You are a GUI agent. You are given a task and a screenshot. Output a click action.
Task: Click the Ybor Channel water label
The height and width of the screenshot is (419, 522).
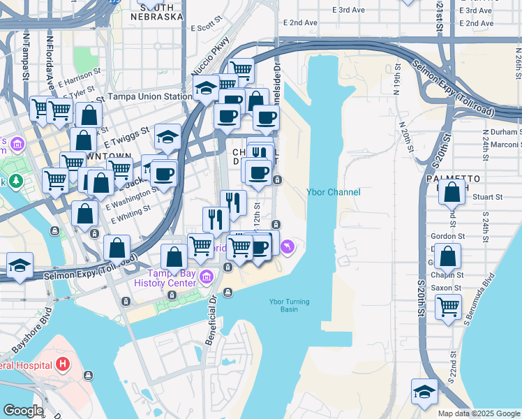pyautogui.click(x=333, y=193)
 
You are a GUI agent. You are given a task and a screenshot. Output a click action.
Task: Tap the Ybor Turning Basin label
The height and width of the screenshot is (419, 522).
pyautogui.click(x=289, y=306)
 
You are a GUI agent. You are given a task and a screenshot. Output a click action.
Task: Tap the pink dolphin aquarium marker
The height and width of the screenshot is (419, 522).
pyautogui.click(x=287, y=247)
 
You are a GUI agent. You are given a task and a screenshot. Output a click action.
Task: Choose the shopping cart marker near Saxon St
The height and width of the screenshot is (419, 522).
pyautogui.click(x=447, y=305)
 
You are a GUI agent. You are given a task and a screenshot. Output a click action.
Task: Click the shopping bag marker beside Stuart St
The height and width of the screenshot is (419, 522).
pyautogui.click(x=452, y=191)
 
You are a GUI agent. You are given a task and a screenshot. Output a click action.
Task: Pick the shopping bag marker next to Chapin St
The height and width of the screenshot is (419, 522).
pyautogui.click(x=450, y=256)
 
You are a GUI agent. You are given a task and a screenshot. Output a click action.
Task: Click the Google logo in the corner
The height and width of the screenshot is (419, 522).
pyautogui.click(x=22, y=411)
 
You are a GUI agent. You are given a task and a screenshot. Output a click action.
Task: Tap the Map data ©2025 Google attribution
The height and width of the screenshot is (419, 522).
pyautogui.click(x=479, y=413)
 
